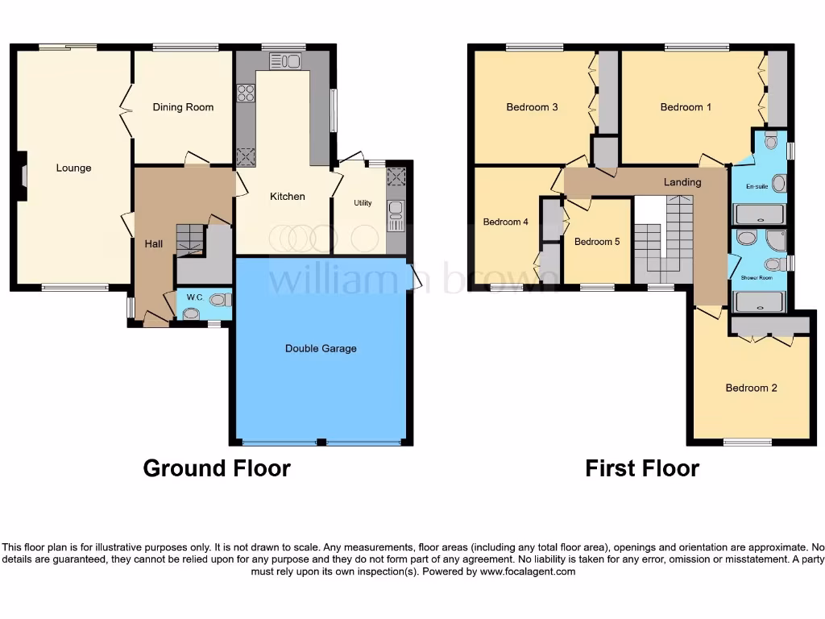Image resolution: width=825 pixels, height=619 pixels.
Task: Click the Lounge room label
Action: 73,168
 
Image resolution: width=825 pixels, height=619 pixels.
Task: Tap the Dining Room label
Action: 183,107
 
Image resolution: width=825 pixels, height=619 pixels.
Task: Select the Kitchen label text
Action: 287,197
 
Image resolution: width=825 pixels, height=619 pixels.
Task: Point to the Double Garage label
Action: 321,348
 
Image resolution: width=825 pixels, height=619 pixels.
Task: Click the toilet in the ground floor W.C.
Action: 219,300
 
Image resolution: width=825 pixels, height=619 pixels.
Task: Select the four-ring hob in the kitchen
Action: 245,93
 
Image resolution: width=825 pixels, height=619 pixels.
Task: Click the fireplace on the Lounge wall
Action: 23,176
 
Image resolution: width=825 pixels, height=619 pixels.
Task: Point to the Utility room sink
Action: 396,211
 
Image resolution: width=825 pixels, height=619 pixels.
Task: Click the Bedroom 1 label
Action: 686,107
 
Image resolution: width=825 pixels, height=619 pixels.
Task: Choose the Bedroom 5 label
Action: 596,241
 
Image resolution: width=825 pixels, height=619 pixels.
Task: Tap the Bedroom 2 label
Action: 751,388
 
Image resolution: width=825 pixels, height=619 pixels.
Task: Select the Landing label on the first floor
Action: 682,182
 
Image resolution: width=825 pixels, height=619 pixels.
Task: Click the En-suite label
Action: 757,186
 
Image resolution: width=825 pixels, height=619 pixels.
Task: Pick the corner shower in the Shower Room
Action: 776,240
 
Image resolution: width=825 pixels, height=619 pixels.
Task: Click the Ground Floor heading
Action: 217,467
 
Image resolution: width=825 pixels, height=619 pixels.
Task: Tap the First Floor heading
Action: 642,467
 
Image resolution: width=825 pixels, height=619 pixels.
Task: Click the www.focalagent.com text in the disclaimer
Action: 528,571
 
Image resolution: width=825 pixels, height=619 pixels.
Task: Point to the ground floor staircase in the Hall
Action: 191,239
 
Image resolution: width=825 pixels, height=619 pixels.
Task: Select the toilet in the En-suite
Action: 771,142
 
